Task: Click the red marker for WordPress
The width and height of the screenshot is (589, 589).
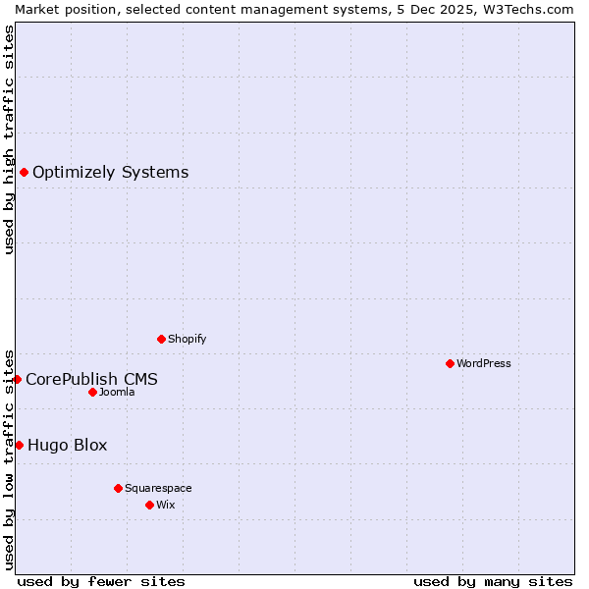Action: click(x=450, y=363)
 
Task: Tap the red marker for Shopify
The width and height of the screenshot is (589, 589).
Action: click(x=161, y=339)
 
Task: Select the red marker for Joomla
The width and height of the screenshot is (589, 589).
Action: click(x=92, y=392)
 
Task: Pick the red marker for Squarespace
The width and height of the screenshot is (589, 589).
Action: click(x=118, y=488)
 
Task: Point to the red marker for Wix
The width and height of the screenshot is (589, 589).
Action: click(x=149, y=505)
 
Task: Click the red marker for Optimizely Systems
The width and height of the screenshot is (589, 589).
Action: click(x=24, y=173)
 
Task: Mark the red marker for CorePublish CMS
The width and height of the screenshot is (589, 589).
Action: click(x=17, y=379)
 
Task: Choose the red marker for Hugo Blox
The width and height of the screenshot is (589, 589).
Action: click(x=19, y=445)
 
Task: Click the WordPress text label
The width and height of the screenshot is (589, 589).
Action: click(x=484, y=363)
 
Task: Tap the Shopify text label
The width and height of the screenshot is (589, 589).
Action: click(x=187, y=339)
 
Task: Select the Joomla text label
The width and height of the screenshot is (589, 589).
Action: click(x=117, y=392)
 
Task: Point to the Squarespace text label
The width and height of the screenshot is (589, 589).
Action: click(x=158, y=488)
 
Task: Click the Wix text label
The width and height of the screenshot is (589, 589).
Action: click(x=166, y=505)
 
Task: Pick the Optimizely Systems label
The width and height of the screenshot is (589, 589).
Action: click(x=111, y=173)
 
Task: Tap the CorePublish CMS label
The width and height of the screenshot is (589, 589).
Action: click(x=91, y=379)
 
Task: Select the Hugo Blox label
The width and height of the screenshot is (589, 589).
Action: click(x=68, y=445)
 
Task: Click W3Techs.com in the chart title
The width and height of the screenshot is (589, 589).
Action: click(x=535, y=9)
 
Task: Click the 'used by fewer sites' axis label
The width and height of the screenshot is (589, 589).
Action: click(x=101, y=581)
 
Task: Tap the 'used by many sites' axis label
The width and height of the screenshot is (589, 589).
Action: click(x=493, y=581)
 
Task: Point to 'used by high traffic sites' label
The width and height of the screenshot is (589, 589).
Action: click(x=9, y=139)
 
